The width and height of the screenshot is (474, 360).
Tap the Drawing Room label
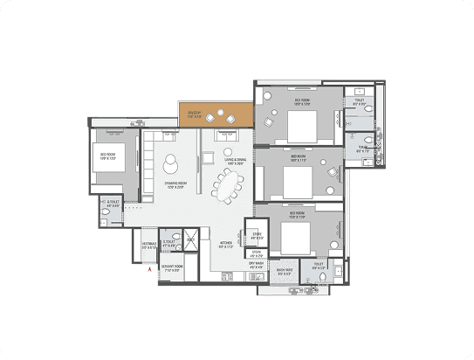pyautogui.click(x=177, y=186)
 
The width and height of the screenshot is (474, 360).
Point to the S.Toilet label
pyautogui.click(x=168, y=245)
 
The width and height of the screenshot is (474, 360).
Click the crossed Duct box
pyautogui.click(x=189, y=237)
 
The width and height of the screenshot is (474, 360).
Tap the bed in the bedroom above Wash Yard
pyautogui.click(x=295, y=236)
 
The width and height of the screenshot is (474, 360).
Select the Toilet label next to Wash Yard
pyautogui.click(x=319, y=263)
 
